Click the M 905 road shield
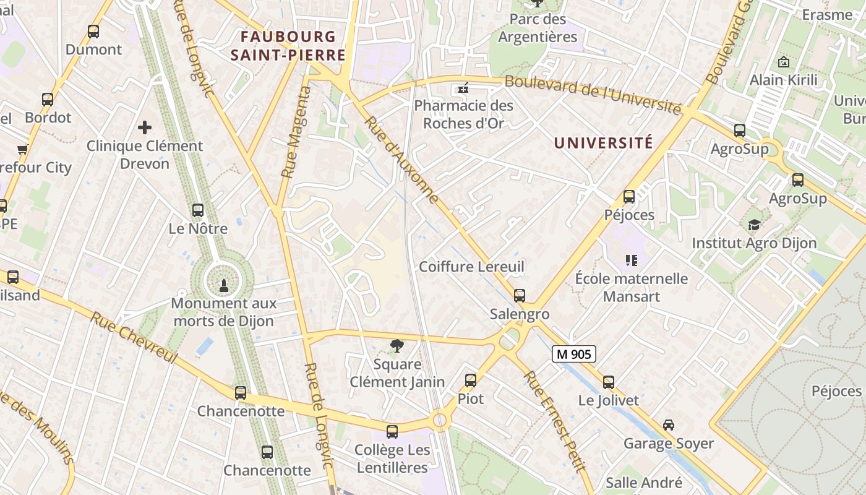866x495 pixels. (x=573, y=354)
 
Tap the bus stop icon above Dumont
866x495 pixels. (x=93, y=31)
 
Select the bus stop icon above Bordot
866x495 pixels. (x=48, y=99)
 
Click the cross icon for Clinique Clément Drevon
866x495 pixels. (x=145, y=127)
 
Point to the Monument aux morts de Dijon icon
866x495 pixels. (x=224, y=285)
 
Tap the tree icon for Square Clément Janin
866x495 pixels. (x=397, y=345)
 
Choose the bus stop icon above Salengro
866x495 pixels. (x=520, y=295)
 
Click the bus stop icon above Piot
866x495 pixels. (x=471, y=380)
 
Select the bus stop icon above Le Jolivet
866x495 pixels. (x=609, y=382)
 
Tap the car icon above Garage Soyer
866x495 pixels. (x=669, y=424)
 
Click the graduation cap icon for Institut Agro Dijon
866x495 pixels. (x=754, y=224)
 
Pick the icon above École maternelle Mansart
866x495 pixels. (x=631, y=260)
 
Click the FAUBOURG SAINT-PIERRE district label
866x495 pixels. (x=288, y=46)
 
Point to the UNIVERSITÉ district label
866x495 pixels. (x=603, y=143)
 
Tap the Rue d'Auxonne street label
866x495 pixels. (x=403, y=160)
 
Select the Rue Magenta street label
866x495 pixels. (x=296, y=132)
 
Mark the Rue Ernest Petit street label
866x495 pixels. (x=554, y=421)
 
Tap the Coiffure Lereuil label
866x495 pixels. (x=471, y=267)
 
